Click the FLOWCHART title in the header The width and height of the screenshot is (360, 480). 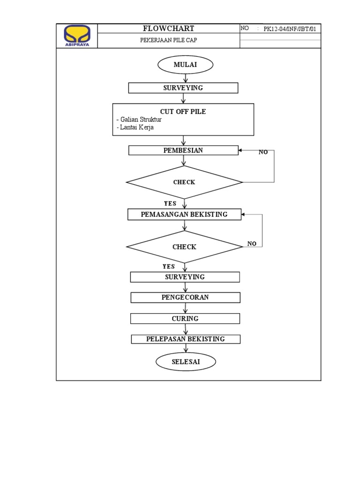168,29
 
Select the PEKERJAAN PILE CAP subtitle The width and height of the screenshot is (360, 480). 168,40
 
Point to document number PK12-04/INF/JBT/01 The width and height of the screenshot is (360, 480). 290,29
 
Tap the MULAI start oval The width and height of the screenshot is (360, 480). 185,65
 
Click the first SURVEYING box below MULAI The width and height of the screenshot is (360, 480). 183,88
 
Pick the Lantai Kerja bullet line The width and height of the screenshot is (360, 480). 135,127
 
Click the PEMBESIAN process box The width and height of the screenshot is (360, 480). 183,150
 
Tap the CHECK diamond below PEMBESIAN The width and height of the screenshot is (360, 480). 184,182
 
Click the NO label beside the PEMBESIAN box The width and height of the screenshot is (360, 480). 263,152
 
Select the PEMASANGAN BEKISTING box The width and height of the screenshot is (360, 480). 184,214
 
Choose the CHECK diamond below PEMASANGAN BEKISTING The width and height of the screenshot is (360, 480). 184,247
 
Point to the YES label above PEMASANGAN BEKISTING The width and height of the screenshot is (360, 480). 170,203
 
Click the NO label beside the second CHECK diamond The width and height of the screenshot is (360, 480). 252,244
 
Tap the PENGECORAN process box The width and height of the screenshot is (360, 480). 185,298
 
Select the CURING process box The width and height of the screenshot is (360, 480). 185,319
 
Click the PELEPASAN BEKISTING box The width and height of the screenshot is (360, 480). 186,339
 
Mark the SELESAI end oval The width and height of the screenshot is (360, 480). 186,362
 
